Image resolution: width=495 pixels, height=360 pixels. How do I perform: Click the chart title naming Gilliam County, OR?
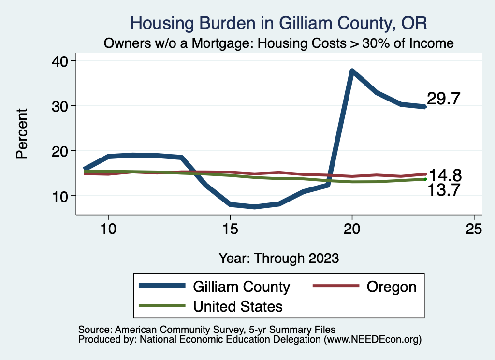point(279,23)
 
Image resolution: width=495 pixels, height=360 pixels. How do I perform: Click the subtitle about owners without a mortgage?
point(279,43)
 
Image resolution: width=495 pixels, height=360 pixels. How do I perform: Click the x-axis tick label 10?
point(108,230)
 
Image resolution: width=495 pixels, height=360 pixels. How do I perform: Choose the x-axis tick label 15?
point(230,230)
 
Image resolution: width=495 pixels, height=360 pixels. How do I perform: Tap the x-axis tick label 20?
point(352,230)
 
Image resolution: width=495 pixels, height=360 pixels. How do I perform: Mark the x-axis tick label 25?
point(474,230)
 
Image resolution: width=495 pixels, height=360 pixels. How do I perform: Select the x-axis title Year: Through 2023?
point(279,258)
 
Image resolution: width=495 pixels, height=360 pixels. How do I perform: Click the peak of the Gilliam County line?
point(352,71)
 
